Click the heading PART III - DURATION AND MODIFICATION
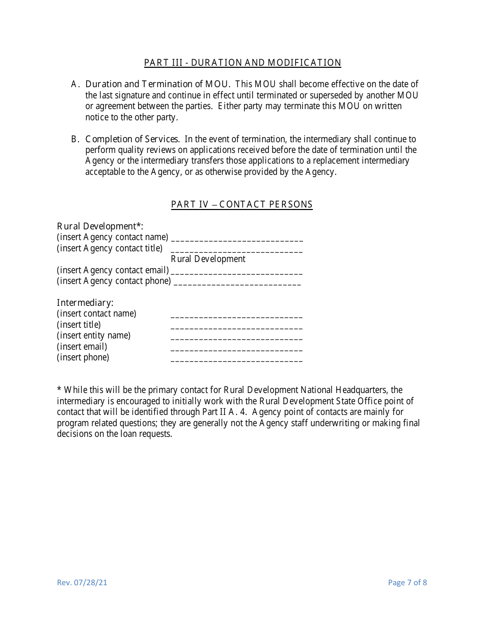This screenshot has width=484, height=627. click(243, 63)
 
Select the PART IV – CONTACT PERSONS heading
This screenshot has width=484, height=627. click(241, 204)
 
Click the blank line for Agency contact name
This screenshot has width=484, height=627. click(237, 238)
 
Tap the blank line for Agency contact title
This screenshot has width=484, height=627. click(236, 249)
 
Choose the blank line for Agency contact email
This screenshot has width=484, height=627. click(236, 271)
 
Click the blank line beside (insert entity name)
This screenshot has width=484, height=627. click(236, 337)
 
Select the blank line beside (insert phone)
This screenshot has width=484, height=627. click(236, 359)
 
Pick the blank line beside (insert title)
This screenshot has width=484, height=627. click(236, 326)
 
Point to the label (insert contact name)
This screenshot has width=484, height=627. click(96, 313)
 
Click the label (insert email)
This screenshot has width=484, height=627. click(82, 347)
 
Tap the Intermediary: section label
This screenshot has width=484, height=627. click(85, 303)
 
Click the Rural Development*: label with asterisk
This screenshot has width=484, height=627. click(100, 226)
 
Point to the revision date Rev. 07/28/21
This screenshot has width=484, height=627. click(82, 583)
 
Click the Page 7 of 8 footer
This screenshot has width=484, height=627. click(407, 583)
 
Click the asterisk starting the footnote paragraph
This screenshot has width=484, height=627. click(59, 389)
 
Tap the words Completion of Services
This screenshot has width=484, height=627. click(132, 139)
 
